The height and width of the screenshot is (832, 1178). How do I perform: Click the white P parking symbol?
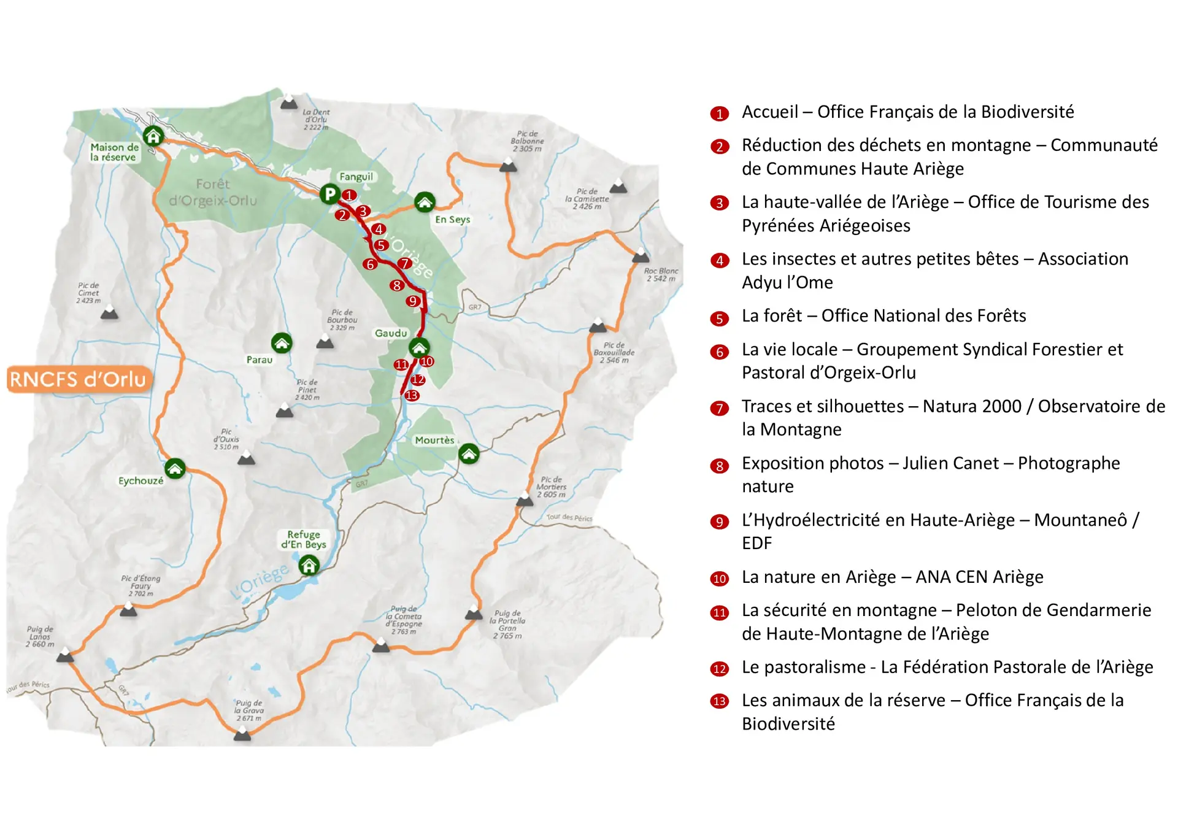(329, 194)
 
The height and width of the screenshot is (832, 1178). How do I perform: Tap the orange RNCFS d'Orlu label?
(79, 379)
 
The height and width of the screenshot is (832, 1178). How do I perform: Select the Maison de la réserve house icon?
(153, 136)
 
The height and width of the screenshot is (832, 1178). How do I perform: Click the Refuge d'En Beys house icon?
(309, 564)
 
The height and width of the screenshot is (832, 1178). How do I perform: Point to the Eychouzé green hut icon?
(175, 469)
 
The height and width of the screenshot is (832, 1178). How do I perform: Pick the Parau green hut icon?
(282, 343)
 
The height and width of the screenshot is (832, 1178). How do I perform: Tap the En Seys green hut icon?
(425, 201)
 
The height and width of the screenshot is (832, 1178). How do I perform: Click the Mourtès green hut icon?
(469, 454)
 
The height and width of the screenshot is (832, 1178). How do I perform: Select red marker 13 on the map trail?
(412, 396)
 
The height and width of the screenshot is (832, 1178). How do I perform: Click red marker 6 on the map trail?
(369, 264)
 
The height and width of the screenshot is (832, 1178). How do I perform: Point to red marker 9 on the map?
(413, 301)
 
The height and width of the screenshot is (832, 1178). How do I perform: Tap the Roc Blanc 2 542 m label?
(661, 275)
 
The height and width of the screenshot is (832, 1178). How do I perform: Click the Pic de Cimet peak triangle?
(109, 313)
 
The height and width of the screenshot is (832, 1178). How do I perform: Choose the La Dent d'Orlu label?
(316, 120)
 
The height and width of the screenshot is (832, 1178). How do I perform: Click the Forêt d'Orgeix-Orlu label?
(212, 192)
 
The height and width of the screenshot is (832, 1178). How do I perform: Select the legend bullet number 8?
(719, 466)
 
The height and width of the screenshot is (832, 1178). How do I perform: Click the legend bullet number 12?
(719, 669)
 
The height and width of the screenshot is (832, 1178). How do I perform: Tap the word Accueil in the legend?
(770, 112)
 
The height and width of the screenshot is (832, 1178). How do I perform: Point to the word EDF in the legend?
(756, 544)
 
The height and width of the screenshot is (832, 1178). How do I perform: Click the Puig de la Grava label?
(248, 711)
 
